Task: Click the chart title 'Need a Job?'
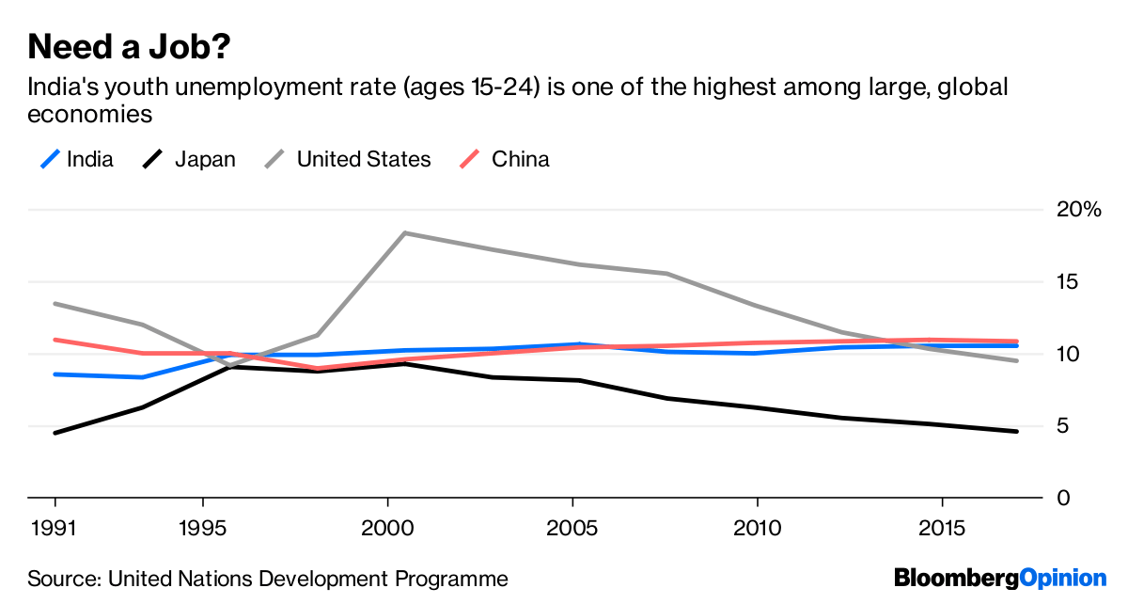tap(132, 46)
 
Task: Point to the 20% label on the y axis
tap(1078, 210)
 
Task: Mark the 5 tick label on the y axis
tap(1062, 426)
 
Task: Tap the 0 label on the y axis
tap(1062, 498)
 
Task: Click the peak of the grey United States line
tap(404, 232)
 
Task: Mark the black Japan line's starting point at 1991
tap(55, 433)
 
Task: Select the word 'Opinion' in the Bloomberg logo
tap(1062, 578)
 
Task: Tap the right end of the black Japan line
tap(1016, 431)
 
